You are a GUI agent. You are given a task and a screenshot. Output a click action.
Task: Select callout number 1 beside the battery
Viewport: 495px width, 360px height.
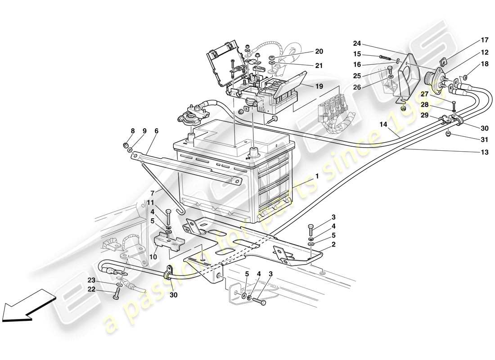[x=317, y=177]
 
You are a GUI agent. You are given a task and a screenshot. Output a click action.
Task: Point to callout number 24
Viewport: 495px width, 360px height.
[x=357, y=44]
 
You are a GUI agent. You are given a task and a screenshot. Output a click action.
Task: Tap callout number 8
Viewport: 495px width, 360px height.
[x=133, y=131]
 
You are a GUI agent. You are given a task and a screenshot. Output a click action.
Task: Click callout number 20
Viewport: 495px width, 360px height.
[x=319, y=51]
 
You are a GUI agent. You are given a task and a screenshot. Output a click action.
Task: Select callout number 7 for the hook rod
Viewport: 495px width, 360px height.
[x=152, y=192]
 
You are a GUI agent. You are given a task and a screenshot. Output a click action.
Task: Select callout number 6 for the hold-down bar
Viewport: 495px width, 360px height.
[x=156, y=131]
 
